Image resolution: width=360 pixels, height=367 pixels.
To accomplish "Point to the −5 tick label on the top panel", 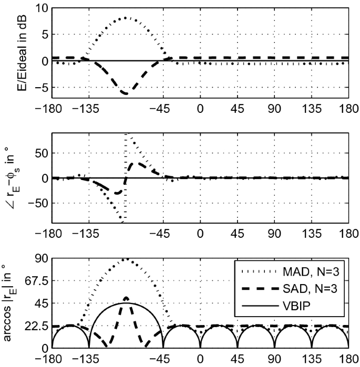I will point(42,87).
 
